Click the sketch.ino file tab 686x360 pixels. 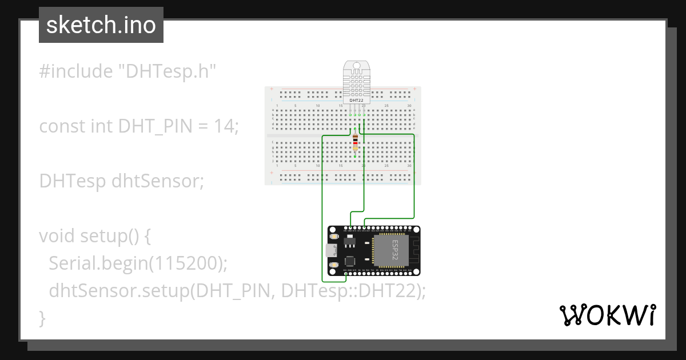(101, 25)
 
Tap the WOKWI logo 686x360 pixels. (607, 315)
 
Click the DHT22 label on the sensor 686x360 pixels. (356, 100)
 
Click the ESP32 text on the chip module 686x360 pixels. (394, 250)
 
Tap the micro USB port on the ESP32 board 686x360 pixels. (330, 250)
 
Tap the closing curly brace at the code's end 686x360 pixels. (42, 317)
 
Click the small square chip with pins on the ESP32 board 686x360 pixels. (350, 261)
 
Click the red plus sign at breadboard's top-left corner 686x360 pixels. (272, 89)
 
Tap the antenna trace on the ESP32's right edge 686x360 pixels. (415, 250)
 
